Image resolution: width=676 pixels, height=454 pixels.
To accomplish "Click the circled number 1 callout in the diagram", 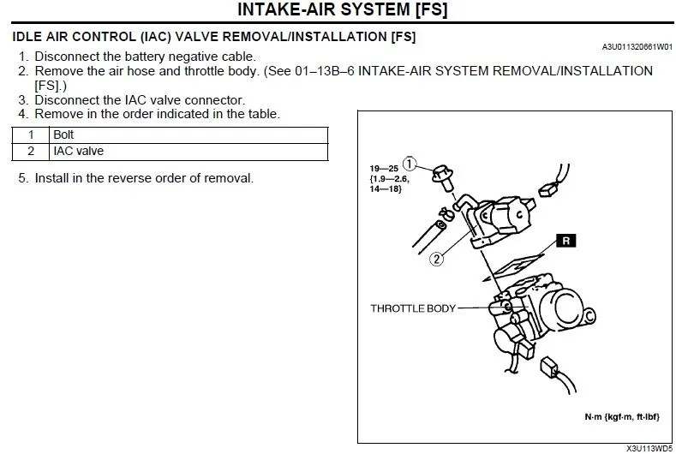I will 410,163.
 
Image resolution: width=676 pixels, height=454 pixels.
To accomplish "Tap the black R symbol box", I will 565,241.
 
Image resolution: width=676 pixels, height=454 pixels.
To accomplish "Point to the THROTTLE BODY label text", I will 412,308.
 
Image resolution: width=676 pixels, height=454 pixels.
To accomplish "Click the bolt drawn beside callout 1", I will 443,175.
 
